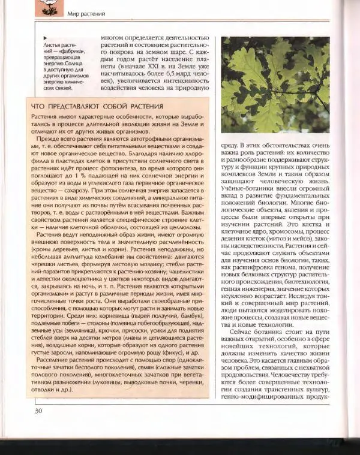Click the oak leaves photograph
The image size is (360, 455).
point(275,85)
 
